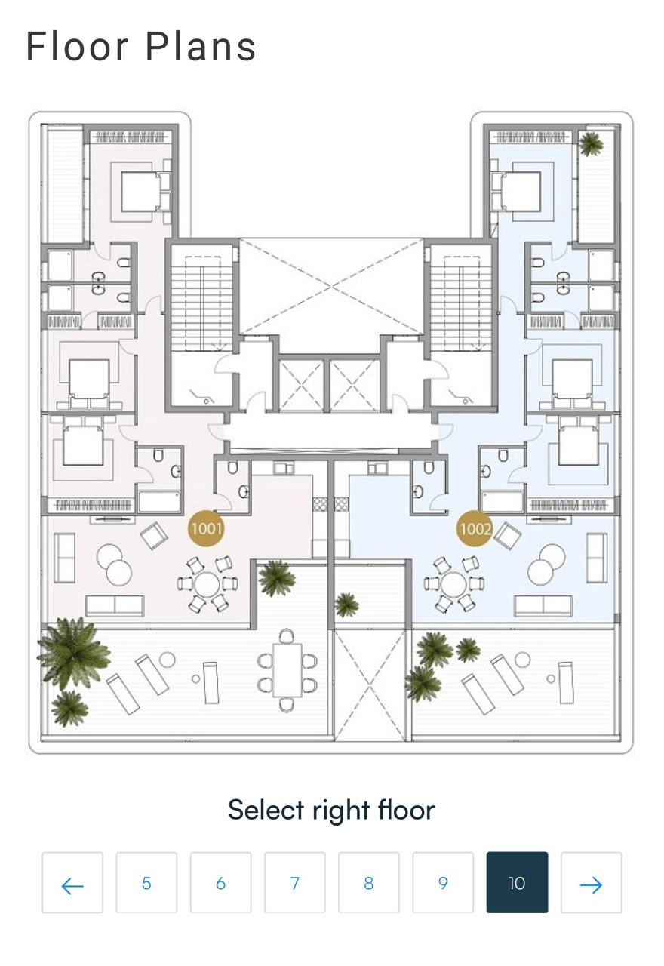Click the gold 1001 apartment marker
point(206,528)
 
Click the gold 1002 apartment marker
point(475,528)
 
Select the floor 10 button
point(517,883)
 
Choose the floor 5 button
point(146,883)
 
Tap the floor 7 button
point(295,883)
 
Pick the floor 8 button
point(369,883)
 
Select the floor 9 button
point(443,883)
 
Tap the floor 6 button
point(221,883)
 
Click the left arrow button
point(72,883)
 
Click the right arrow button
point(591,883)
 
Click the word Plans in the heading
point(201,46)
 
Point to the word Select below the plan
point(266,810)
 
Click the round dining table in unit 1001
point(207,584)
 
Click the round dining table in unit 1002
point(453,584)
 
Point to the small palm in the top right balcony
point(590,143)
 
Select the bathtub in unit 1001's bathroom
point(159,502)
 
